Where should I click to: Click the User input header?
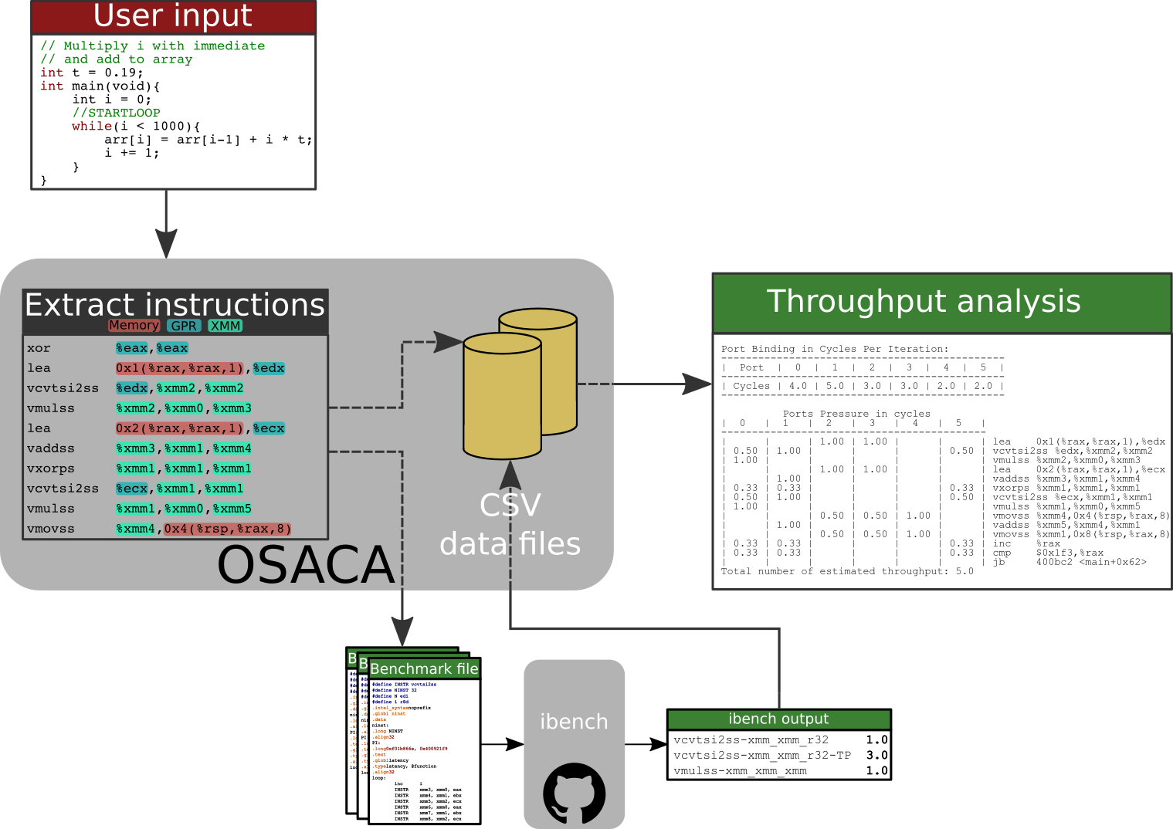(x=173, y=16)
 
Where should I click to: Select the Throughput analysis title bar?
(x=941, y=302)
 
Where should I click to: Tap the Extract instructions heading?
(x=175, y=305)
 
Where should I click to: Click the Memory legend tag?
(x=134, y=326)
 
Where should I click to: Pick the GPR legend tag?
(x=184, y=326)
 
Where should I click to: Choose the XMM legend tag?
(x=225, y=326)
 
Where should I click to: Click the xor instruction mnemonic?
(x=39, y=348)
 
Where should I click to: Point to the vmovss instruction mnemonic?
(x=51, y=529)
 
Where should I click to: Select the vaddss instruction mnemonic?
(x=51, y=448)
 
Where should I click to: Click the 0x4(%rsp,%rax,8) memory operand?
(x=228, y=529)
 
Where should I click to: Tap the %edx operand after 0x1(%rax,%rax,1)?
(x=269, y=368)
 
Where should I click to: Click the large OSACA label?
(x=307, y=564)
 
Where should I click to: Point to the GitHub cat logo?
(x=575, y=793)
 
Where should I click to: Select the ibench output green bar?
(x=778, y=719)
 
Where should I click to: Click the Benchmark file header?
(x=424, y=668)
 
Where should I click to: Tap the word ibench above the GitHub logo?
(x=574, y=722)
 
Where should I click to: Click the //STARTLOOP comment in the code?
(x=117, y=113)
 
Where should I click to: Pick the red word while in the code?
(x=92, y=127)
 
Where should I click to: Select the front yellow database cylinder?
(x=502, y=397)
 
